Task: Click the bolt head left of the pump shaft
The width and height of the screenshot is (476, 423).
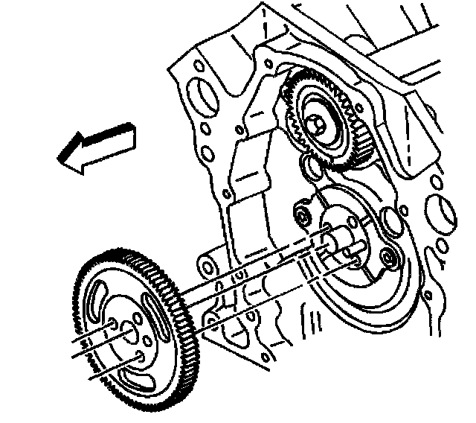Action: [x=302, y=216]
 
